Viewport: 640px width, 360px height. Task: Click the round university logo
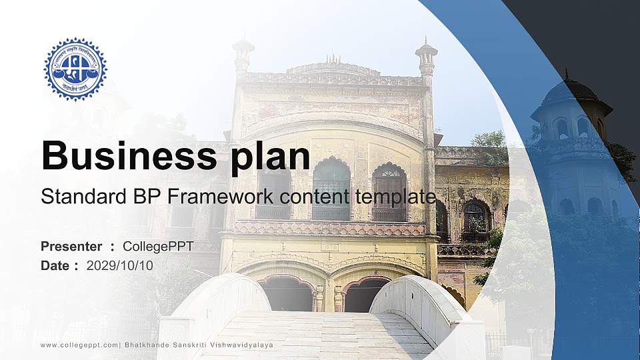[75, 69]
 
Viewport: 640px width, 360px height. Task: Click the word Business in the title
[127, 156]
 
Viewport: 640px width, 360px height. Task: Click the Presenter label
[71, 247]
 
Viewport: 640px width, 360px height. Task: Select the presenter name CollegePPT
[158, 247]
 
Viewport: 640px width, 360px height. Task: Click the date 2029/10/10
[119, 265]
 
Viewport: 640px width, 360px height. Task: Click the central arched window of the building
[331, 189]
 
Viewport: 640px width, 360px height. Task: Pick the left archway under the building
[287, 294]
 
